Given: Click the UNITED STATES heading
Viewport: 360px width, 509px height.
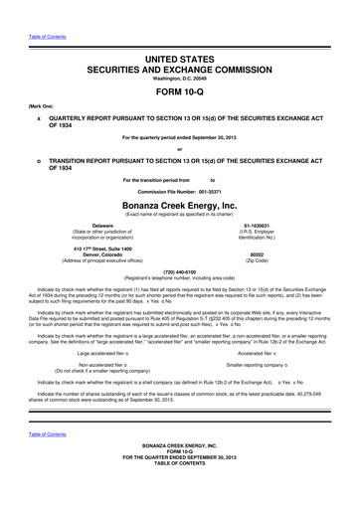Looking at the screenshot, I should click(179, 62).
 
